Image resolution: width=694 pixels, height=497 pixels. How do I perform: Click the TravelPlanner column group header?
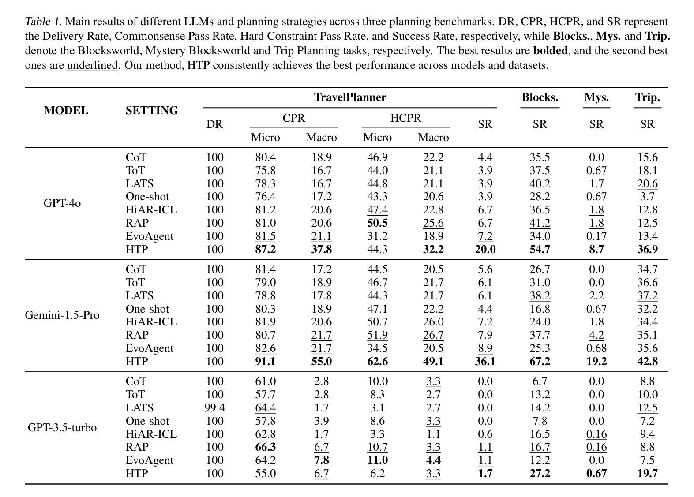[350, 97]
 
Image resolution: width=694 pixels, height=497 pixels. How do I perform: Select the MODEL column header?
[66, 111]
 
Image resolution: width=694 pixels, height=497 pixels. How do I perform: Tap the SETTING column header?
[152, 111]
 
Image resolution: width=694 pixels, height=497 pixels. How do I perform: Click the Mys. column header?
[596, 97]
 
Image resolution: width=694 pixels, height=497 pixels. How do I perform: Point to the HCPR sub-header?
[406, 118]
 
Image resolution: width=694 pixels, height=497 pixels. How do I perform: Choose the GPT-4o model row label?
[62, 203]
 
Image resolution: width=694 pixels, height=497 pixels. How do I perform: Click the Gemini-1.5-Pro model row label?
[62, 315]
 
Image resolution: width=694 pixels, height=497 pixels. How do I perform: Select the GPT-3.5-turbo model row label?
[62, 427]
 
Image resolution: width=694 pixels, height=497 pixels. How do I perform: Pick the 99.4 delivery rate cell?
[215, 407]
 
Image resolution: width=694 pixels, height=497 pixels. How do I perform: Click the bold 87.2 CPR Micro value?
[266, 249]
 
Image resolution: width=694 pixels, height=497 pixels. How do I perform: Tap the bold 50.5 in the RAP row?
[377, 223]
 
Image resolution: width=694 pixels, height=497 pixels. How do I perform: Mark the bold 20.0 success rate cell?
[485, 249]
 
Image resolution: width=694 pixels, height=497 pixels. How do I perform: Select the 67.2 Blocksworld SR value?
[540, 361]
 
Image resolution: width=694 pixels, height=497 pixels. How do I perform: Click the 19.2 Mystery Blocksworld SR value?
[596, 361]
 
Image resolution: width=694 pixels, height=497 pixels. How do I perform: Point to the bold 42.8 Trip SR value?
[648, 361]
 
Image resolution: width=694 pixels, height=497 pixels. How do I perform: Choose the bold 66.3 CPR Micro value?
[266, 447]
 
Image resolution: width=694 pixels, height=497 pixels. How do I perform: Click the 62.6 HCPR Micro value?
[377, 361]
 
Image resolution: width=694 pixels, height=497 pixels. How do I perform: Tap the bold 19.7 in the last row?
[648, 474]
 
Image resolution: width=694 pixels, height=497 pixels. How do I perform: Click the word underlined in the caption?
[92, 65]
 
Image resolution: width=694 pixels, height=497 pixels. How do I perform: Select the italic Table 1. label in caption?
[43, 21]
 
